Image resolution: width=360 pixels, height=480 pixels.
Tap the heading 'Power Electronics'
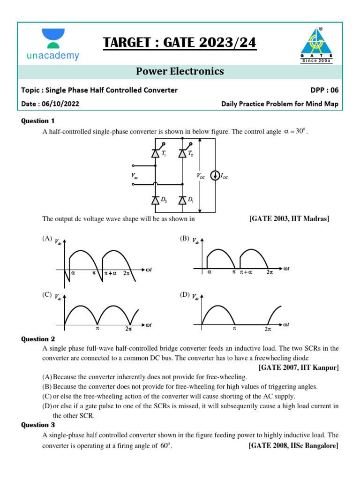point(180,71)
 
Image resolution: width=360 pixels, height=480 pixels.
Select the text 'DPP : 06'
point(323,90)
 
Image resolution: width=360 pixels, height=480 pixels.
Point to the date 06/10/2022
point(60,104)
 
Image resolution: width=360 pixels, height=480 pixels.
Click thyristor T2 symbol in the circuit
point(182,154)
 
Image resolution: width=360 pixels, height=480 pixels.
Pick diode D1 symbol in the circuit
point(182,200)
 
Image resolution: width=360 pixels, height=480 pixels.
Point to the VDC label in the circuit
point(201,176)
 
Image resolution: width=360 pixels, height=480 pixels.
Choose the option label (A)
point(47,239)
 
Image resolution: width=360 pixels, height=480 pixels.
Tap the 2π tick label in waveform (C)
point(128,329)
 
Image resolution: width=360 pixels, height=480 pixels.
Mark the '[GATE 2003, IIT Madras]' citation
point(289,219)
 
